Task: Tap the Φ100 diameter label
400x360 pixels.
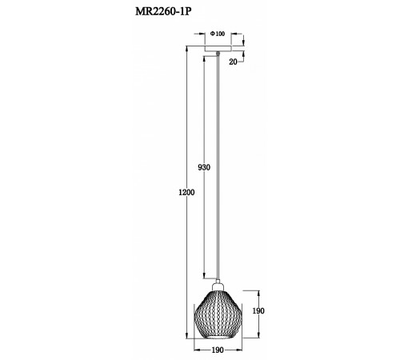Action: [217, 34]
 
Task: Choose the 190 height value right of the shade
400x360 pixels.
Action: [258, 311]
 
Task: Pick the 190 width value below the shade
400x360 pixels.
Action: [218, 350]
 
